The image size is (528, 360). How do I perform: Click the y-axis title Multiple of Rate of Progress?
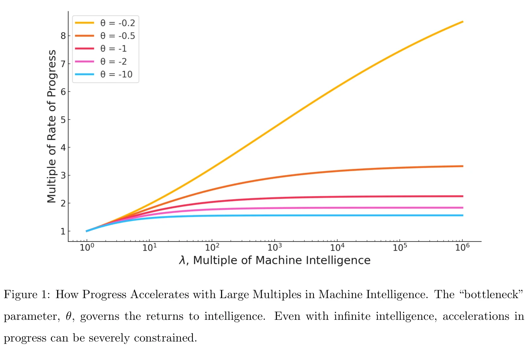(x=51, y=127)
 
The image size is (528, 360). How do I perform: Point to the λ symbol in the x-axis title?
(x=183, y=261)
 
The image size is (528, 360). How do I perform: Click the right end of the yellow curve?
(x=463, y=22)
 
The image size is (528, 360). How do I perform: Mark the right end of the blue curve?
(x=463, y=215)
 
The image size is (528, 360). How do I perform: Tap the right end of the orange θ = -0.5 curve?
(x=463, y=166)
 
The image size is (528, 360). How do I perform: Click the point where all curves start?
(x=86, y=231)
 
